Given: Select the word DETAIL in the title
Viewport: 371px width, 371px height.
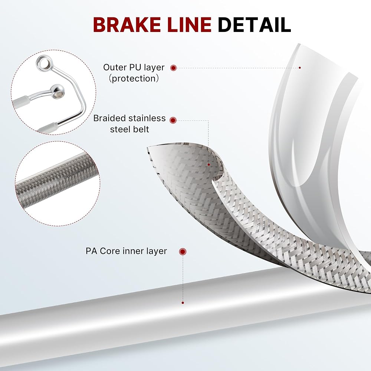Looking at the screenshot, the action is (255, 24).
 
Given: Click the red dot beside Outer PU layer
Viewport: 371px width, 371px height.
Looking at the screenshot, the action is (173, 68).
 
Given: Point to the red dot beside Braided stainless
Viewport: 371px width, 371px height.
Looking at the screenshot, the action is (173, 121).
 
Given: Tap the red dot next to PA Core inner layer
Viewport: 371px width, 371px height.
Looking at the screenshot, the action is (183, 252).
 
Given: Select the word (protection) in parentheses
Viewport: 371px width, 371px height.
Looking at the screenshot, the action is (134, 79).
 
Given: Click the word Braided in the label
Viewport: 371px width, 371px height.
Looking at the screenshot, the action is (109, 118).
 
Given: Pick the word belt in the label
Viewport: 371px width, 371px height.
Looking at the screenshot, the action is (141, 129).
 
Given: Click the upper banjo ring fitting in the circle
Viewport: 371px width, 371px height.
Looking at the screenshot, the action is (43, 63).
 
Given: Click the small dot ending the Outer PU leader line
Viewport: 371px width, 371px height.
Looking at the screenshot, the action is (300, 68).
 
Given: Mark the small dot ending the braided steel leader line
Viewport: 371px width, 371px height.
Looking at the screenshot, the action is (209, 165).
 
